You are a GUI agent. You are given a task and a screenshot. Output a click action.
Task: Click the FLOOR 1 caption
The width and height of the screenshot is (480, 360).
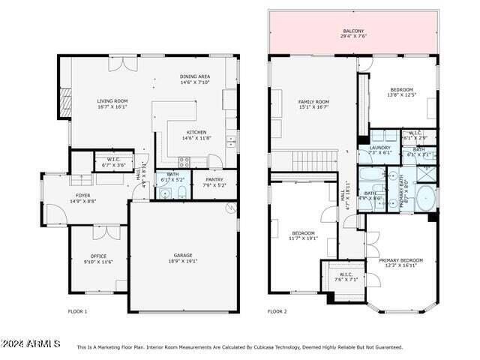tap(78, 311)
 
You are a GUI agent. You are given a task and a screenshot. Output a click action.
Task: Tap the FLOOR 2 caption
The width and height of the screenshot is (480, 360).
tap(278, 311)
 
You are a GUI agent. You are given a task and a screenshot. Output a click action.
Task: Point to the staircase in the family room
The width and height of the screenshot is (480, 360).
tap(314, 160)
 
